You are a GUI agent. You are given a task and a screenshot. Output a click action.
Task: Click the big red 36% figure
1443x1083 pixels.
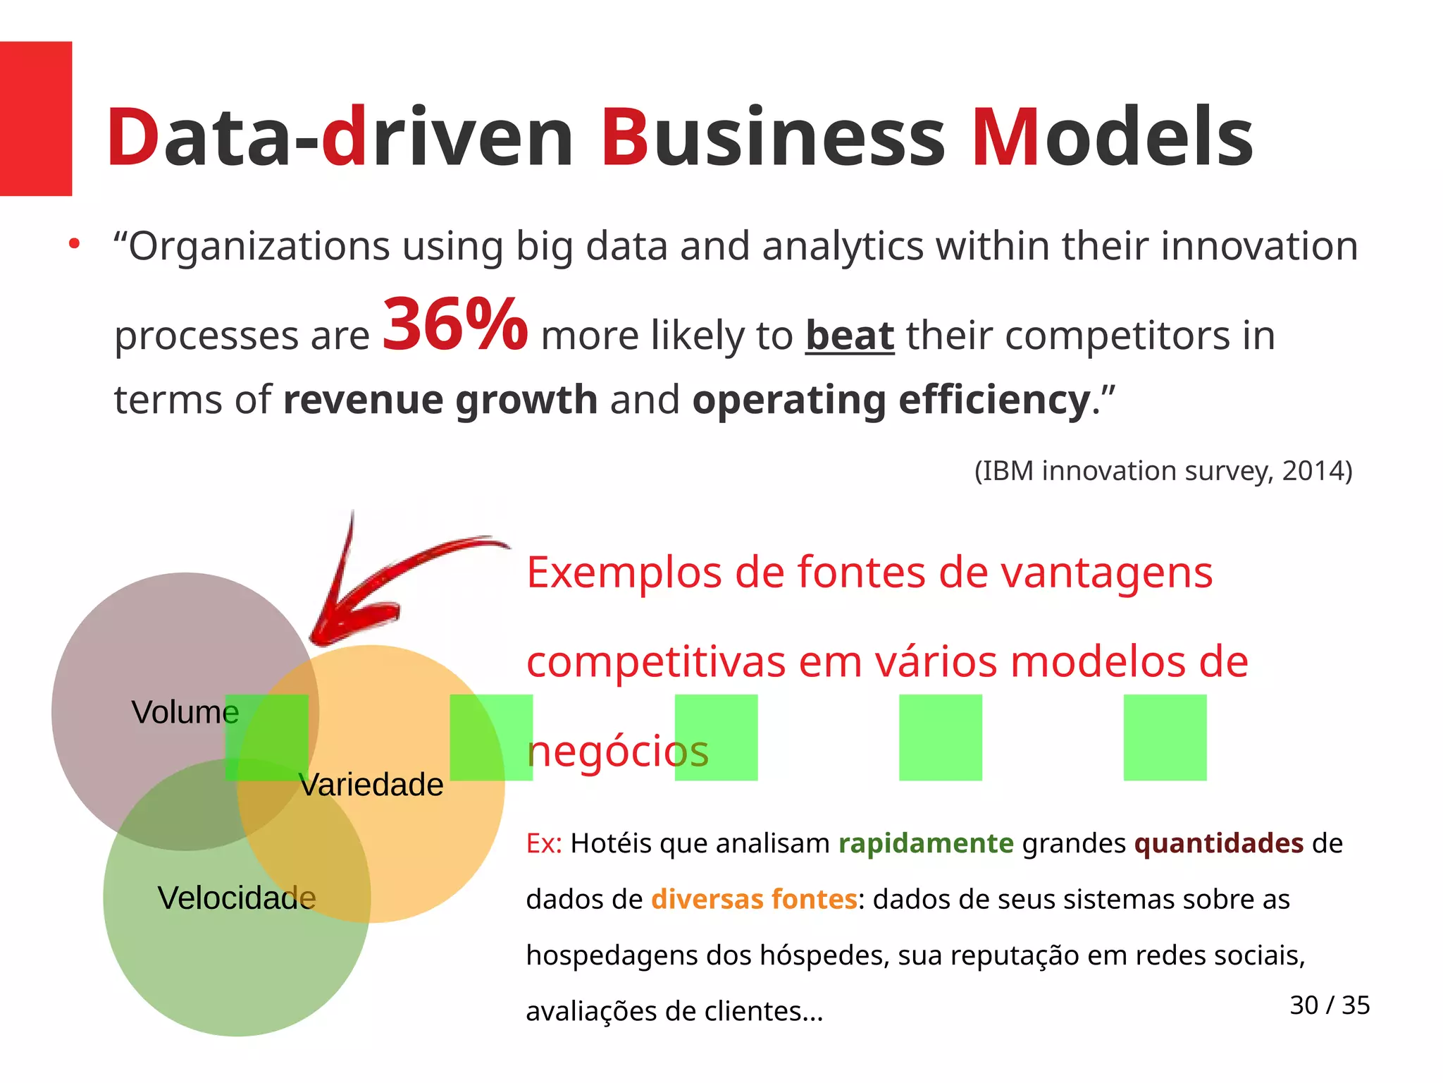(454, 324)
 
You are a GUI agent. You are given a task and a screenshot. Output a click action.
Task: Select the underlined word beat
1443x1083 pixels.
(849, 336)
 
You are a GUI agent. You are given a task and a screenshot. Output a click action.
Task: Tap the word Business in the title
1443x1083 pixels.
(772, 137)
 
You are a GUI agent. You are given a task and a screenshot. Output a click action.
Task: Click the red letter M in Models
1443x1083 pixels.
(1005, 137)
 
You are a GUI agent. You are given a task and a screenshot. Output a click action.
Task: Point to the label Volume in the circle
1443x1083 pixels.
(185, 712)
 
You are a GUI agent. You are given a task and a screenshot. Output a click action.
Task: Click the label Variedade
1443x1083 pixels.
(371, 785)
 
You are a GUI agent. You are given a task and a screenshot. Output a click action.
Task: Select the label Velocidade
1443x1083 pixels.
(237, 898)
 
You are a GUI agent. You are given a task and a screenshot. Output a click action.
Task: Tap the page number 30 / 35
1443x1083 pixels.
(1329, 1005)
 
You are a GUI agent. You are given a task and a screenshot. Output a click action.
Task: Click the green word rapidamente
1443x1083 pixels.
(925, 843)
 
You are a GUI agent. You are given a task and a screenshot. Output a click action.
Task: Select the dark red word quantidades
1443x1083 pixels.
(1218, 843)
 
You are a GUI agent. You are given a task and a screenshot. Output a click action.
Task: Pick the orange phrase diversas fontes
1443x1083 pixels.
(753, 900)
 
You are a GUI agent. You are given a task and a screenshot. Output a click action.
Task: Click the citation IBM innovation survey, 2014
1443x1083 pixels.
(1163, 470)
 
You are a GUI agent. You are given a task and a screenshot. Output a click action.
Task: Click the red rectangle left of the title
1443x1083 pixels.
(35, 118)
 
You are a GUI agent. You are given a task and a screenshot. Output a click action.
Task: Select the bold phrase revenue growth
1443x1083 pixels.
(440, 400)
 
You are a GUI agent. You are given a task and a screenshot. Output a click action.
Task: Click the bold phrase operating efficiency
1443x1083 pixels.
(891, 400)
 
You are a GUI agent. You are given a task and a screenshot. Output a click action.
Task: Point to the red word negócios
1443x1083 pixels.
(617, 752)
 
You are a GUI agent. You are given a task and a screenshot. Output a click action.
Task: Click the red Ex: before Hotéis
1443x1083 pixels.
(543, 843)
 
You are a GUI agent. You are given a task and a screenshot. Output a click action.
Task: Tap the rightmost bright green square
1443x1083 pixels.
(1165, 738)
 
